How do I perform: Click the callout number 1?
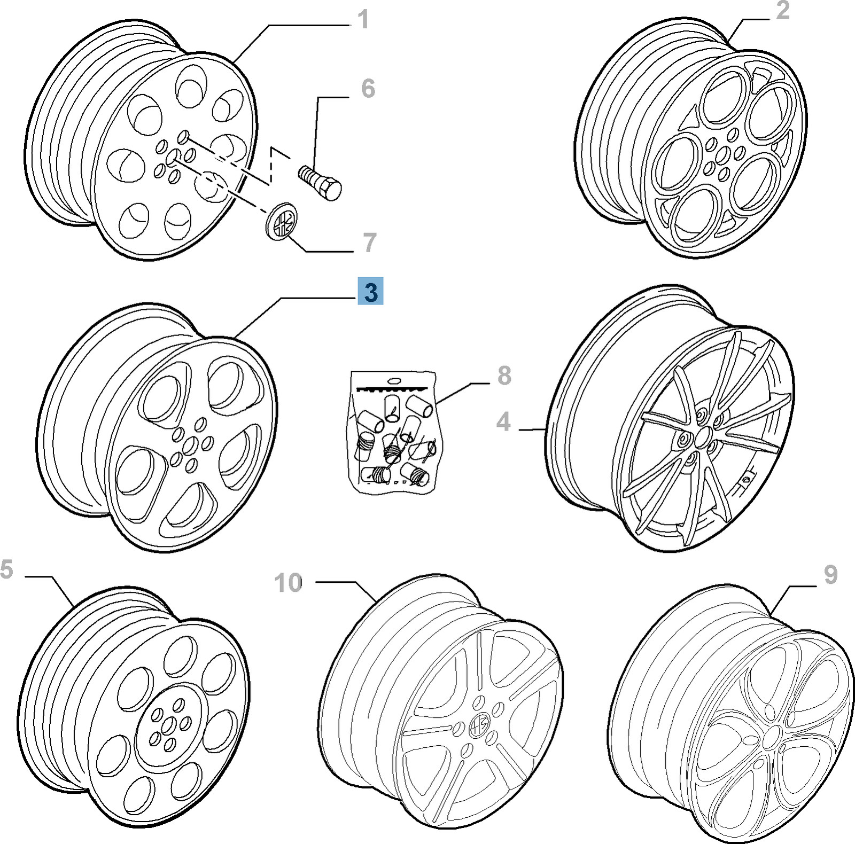click(x=363, y=20)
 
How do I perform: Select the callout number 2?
click(x=782, y=11)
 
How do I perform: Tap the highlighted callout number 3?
click(x=371, y=293)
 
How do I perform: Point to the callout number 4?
click(x=503, y=422)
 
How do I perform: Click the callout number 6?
click(x=368, y=89)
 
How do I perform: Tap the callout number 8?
click(x=504, y=376)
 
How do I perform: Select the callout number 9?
click(x=830, y=575)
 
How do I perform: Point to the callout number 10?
click(x=289, y=583)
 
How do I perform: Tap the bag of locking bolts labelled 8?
click(x=394, y=431)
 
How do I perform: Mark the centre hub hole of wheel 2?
click(x=722, y=157)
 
